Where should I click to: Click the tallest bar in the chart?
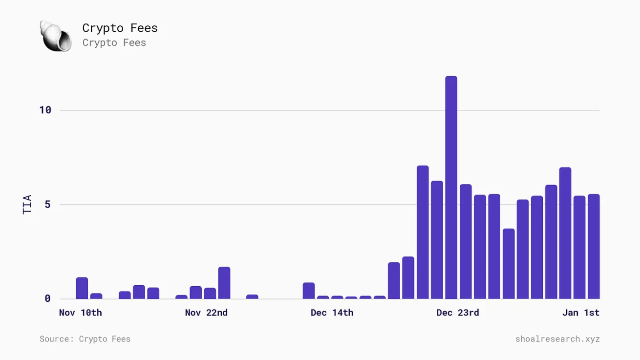click(451, 188)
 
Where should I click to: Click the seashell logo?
click(55, 36)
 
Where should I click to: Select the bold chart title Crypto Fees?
click(120, 28)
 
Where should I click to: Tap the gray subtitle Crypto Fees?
click(114, 43)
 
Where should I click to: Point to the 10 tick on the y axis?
click(45, 110)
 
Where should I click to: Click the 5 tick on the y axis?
click(47, 205)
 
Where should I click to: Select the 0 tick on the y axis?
click(47, 298)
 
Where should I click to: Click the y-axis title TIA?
click(27, 204)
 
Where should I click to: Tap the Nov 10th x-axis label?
click(81, 313)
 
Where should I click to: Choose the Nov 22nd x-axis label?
click(206, 313)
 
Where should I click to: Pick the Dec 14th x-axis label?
click(332, 313)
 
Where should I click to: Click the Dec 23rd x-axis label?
click(458, 313)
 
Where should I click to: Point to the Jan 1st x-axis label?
click(581, 313)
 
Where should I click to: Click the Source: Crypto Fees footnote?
click(85, 339)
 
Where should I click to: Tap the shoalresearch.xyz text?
click(557, 339)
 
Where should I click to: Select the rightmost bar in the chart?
click(594, 247)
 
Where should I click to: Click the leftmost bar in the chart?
click(82, 288)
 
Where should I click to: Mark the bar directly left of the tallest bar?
click(437, 240)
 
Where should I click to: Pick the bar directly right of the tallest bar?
click(466, 242)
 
